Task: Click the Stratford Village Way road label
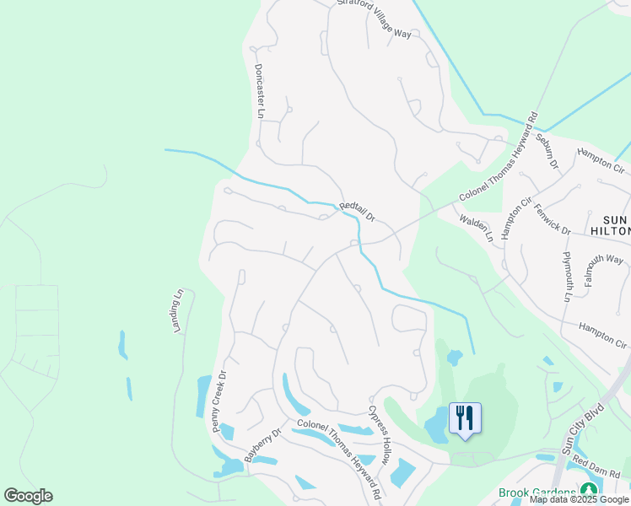[x=374, y=18]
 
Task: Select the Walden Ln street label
[x=476, y=228]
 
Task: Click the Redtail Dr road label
[x=358, y=212]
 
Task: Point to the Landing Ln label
[x=178, y=311]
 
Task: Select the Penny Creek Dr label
[x=221, y=401]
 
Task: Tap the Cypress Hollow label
[x=380, y=435]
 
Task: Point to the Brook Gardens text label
[x=537, y=493]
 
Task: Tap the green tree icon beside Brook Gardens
[x=588, y=491]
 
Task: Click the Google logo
[x=28, y=496]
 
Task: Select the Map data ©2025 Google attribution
[x=580, y=500]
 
